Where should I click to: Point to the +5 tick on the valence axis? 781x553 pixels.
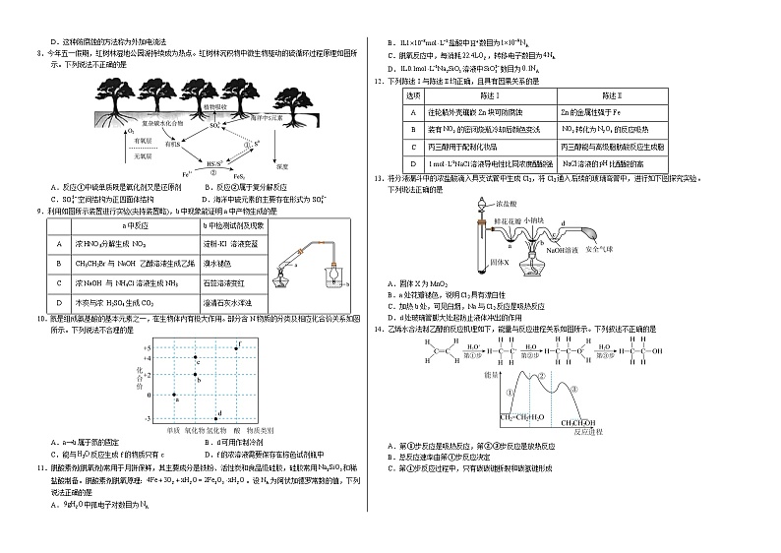coord(147,349)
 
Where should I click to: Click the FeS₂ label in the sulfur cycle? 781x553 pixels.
coord(239,176)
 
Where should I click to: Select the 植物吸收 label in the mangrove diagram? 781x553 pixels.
coord(216,105)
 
